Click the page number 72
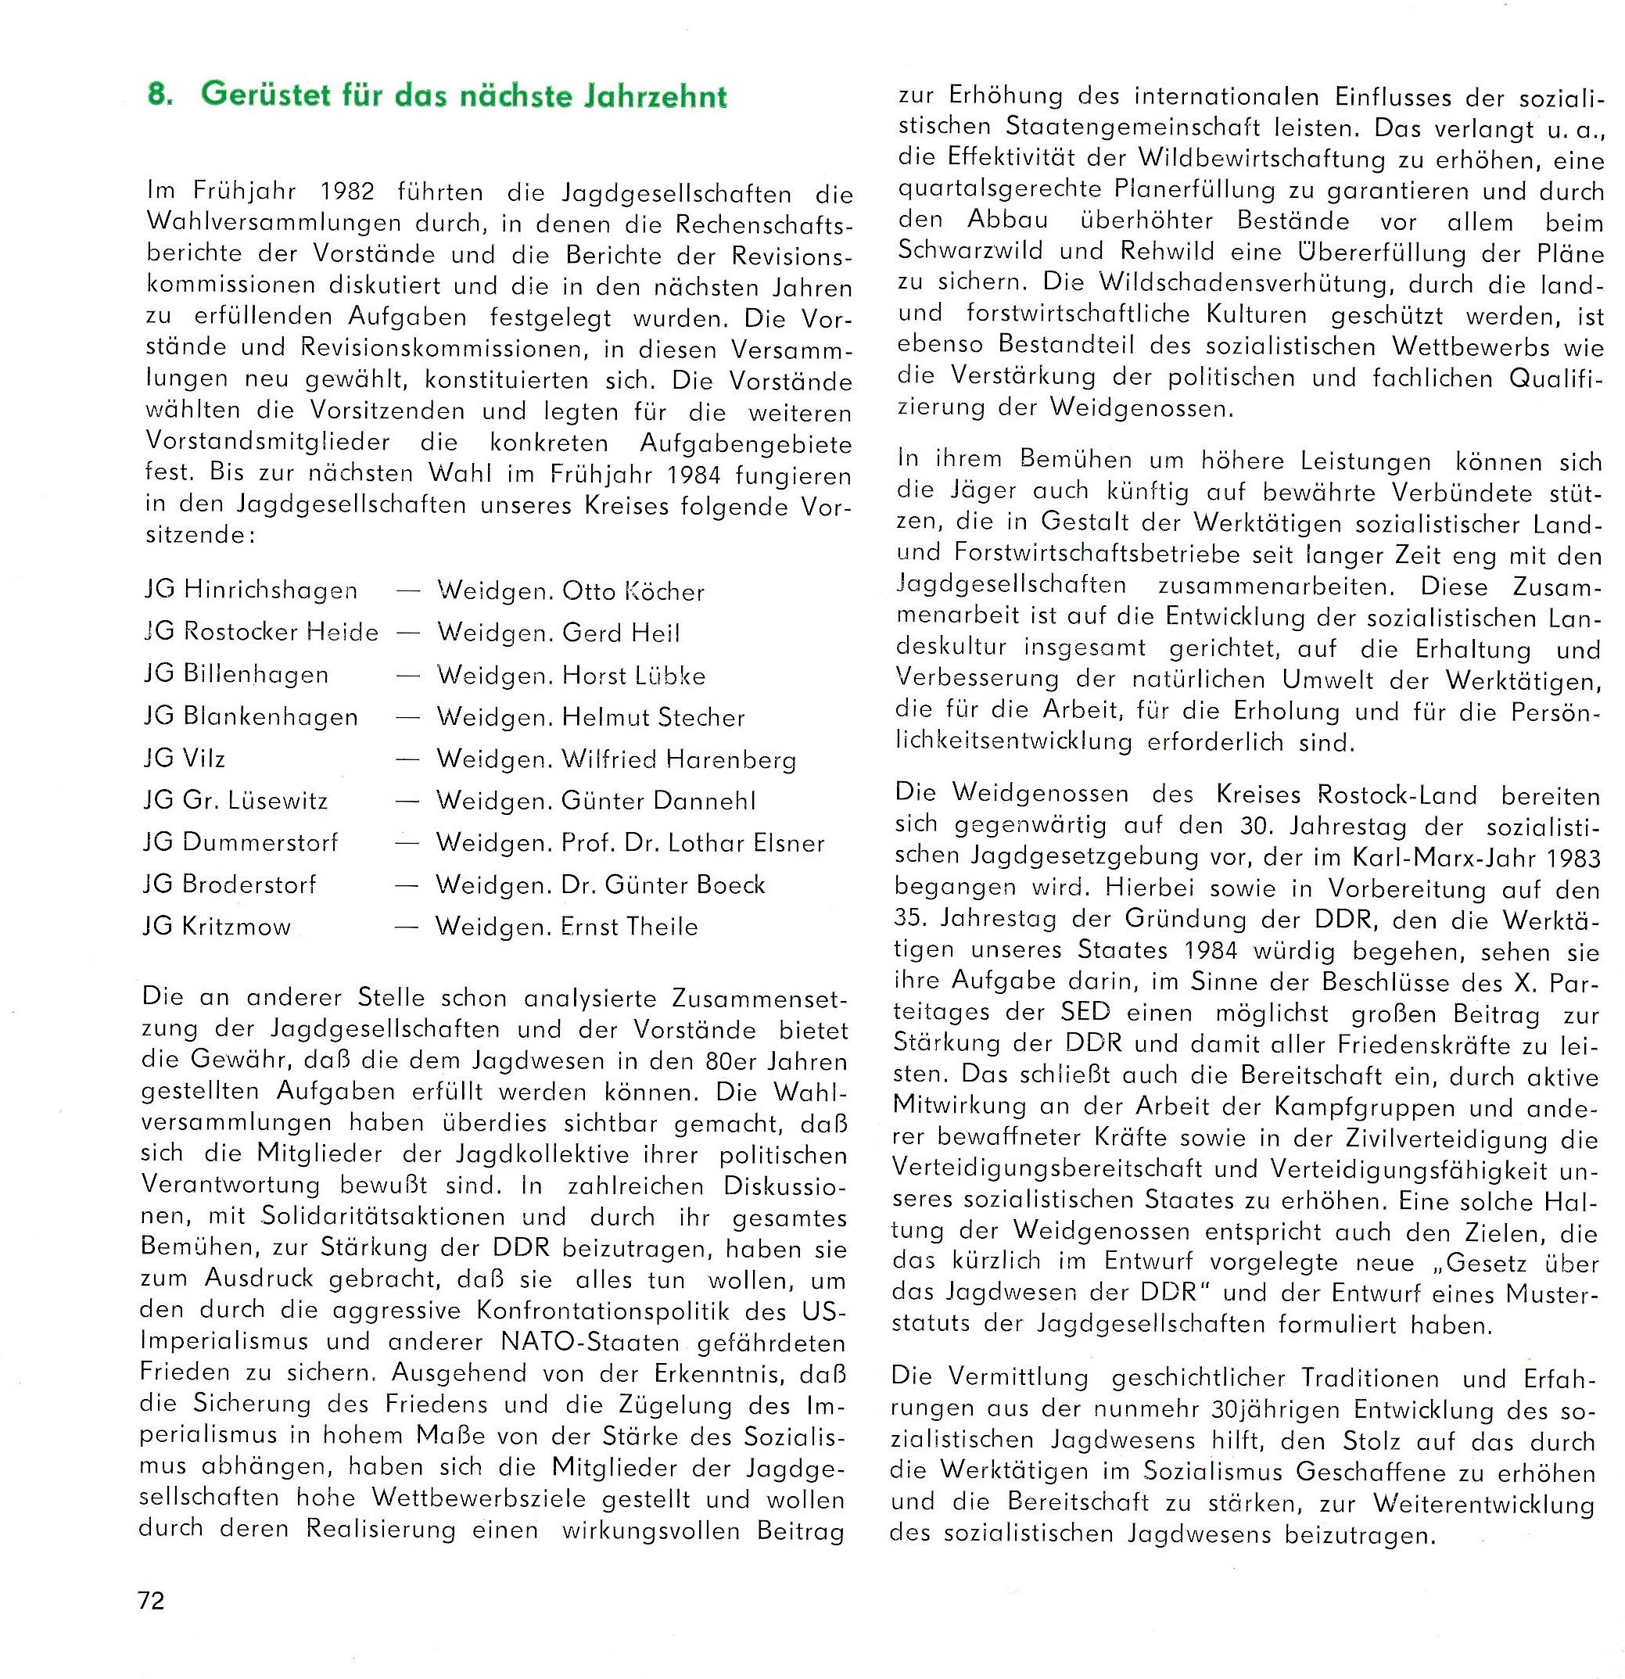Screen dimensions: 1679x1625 coord(151,1600)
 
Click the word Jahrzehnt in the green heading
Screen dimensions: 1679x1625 coord(655,96)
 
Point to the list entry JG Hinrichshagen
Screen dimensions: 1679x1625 coord(251,591)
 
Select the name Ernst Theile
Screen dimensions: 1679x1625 coord(630,927)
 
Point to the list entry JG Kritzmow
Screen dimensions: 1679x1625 coord(218,927)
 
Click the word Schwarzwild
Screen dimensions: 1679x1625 coord(970,251)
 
